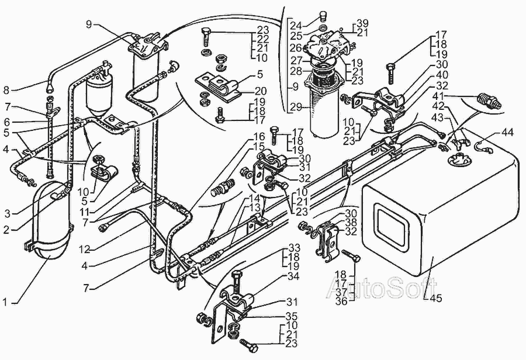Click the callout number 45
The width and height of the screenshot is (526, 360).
click(x=437, y=297)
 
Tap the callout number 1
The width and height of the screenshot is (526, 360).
click(x=5, y=302)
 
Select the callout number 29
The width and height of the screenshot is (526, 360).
click(x=295, y=107)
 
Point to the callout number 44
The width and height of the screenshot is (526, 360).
click(x=507, y=133)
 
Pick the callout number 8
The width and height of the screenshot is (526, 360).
click(x=6, y=90)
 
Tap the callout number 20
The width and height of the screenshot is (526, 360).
click(x=260, y=91)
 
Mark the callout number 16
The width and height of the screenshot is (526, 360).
click(x=260, y=137)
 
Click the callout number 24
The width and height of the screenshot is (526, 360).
click(x=296, y=25)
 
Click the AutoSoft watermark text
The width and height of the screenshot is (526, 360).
click(x=382, y=288)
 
